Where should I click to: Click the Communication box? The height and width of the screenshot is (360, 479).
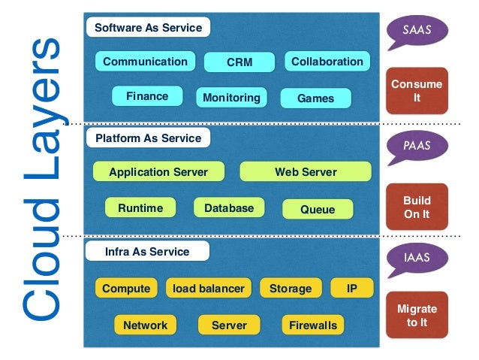click(x=145, y=61)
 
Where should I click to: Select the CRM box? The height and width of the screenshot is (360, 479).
click(x=239, y=62)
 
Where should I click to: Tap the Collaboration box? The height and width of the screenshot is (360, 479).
click(x=327, y=61)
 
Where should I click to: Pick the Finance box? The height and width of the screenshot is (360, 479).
click(x=147, y=96)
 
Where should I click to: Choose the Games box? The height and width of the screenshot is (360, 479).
click(x=315, y=98)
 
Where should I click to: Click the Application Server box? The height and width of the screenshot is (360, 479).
click(x=158, y=171)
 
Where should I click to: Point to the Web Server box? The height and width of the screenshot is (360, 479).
click(x=306, y=171)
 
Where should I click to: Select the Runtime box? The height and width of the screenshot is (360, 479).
click(x=140, y=207)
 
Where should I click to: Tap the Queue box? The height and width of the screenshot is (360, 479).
click(x=318, y=209)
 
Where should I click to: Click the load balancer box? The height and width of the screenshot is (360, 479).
click(x=209, y=288)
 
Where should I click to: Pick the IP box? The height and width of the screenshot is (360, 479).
click(x=352, y=288)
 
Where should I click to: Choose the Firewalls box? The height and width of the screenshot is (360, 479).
click(x=313, y=325)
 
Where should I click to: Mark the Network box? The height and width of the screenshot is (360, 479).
click(x=145, y=325)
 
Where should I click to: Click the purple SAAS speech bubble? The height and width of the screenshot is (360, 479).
click(x=417, y=31)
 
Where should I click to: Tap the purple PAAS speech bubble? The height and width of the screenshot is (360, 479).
click(x=417, y=147)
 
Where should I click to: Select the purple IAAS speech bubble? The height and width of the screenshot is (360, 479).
click(x=417, y=259)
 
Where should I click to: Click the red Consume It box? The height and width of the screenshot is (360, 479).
click(x=417, y=91)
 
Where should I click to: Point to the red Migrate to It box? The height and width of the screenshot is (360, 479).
click(x=417, y=315)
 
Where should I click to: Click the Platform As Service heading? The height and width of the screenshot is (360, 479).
click(x=148, y=138)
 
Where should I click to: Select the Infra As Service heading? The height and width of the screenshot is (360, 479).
click(x=147, y=252)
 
